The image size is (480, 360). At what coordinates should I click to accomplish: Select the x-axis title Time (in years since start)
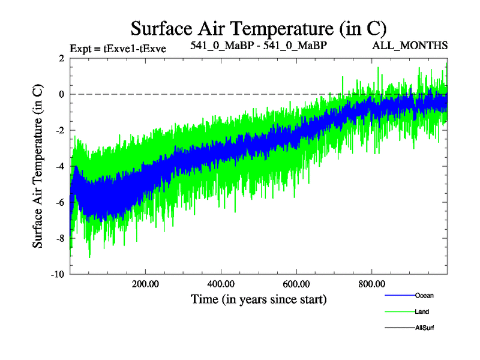click(259, 298)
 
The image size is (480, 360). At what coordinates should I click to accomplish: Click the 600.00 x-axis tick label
click(296, 283)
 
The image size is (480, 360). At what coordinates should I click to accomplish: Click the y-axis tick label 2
click(61, 58)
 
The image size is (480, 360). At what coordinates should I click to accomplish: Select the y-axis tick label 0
click(61, 94)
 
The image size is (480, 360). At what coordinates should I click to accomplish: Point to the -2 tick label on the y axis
click(59, 130)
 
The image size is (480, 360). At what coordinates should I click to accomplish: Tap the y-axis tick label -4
click(59, 166)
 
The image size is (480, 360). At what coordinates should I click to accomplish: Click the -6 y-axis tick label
click(59, 202)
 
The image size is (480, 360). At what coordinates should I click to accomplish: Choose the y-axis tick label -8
click(59, 238)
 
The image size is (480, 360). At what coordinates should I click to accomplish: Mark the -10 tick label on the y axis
click(58, 274)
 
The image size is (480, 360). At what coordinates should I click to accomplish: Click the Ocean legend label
click(424, 296)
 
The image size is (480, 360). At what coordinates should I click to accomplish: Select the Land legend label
click(422, 312)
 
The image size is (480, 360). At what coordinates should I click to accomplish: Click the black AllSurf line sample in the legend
click(399, 328)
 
